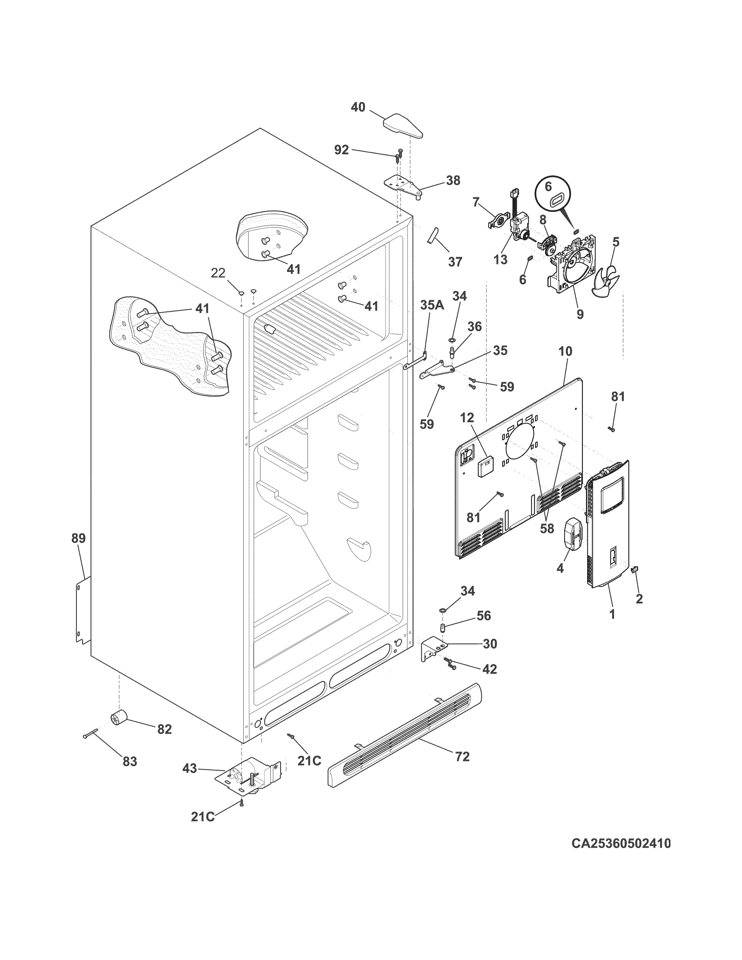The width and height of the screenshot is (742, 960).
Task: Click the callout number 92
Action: (x=342, y=150)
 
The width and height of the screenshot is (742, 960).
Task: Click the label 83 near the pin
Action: (x=130, y=762)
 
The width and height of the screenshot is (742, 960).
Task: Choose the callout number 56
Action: (x=484, y=615)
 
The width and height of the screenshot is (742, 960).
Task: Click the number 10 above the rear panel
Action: (x=565, y=352)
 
